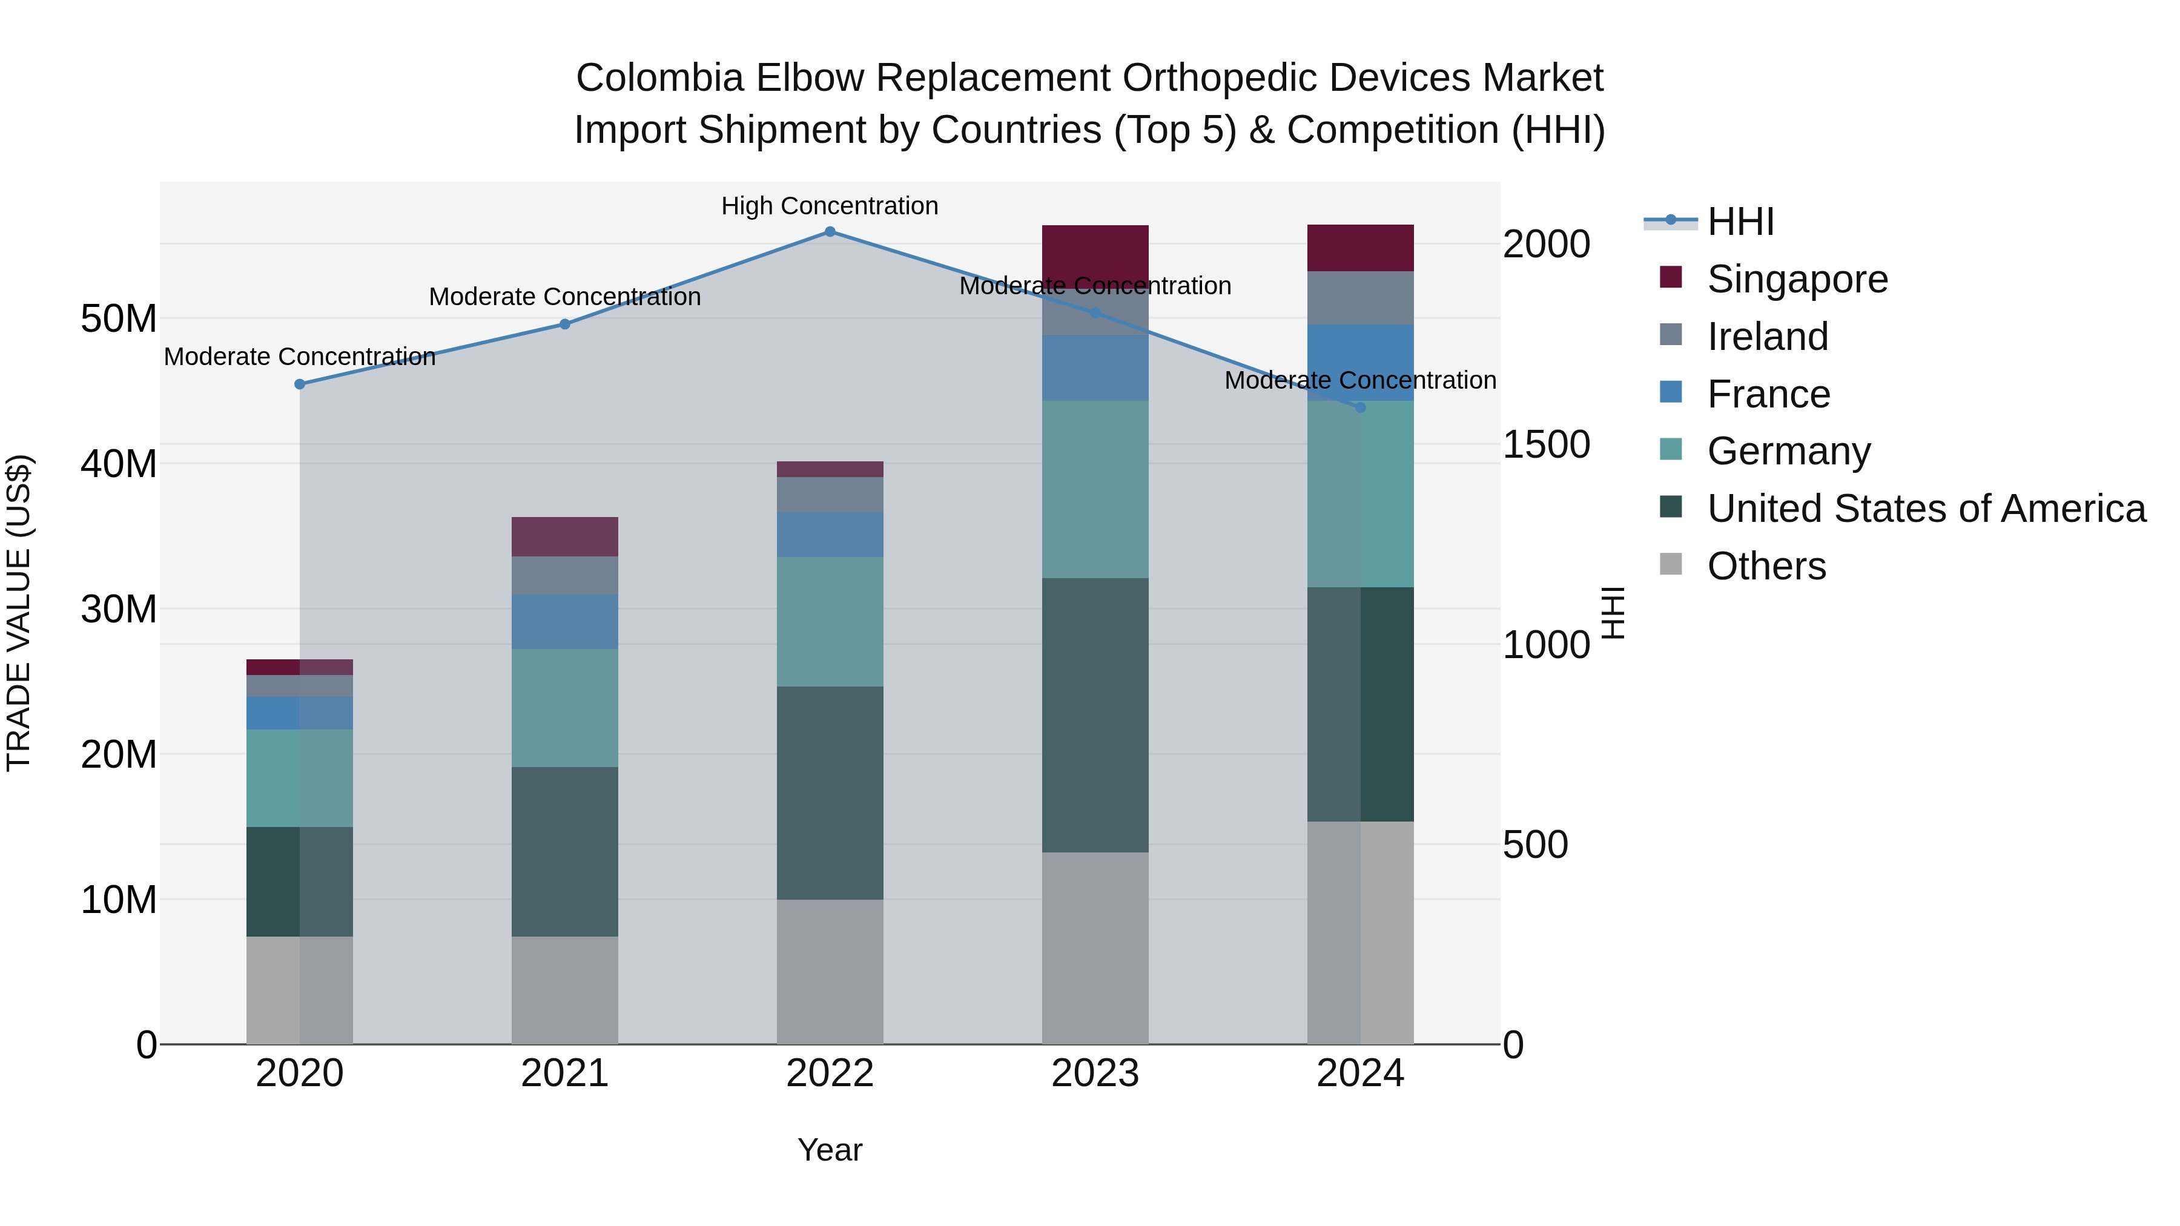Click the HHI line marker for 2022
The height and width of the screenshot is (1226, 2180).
(830, 232)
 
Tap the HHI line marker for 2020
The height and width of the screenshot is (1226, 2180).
(300, 384)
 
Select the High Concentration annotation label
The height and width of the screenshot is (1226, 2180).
(830, 206)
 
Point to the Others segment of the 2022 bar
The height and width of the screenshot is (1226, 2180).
(830, 971)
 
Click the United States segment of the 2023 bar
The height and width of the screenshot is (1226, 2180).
(1095, 715)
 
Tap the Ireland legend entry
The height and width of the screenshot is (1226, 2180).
(1767, 337)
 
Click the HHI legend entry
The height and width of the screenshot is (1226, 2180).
(1740, 222)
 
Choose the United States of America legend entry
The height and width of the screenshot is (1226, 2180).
(1925, 509)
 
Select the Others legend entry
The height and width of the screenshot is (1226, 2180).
(1766, 566)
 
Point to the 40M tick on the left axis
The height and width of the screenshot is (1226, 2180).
(119, 464)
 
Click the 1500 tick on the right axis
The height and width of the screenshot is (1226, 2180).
(1545, 445)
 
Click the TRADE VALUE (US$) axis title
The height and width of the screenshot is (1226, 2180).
(19, 613)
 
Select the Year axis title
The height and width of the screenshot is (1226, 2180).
(830, 1150)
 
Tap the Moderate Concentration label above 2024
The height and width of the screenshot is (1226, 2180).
(1360, 381)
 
